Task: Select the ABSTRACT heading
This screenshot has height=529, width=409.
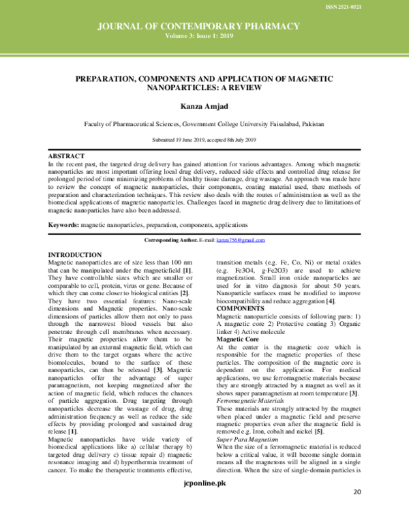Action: tap(67, 156)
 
